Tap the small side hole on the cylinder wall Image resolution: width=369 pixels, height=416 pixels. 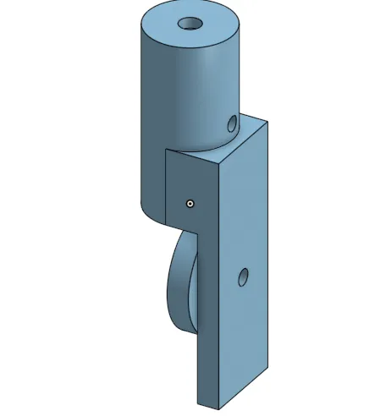232,124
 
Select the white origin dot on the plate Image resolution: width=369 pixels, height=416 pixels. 190,203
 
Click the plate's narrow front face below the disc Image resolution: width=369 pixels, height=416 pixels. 197,364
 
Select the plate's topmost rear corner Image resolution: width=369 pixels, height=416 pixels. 267,122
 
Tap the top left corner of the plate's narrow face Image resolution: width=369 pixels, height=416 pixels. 166,150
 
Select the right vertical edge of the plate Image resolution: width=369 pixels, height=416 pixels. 267,254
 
